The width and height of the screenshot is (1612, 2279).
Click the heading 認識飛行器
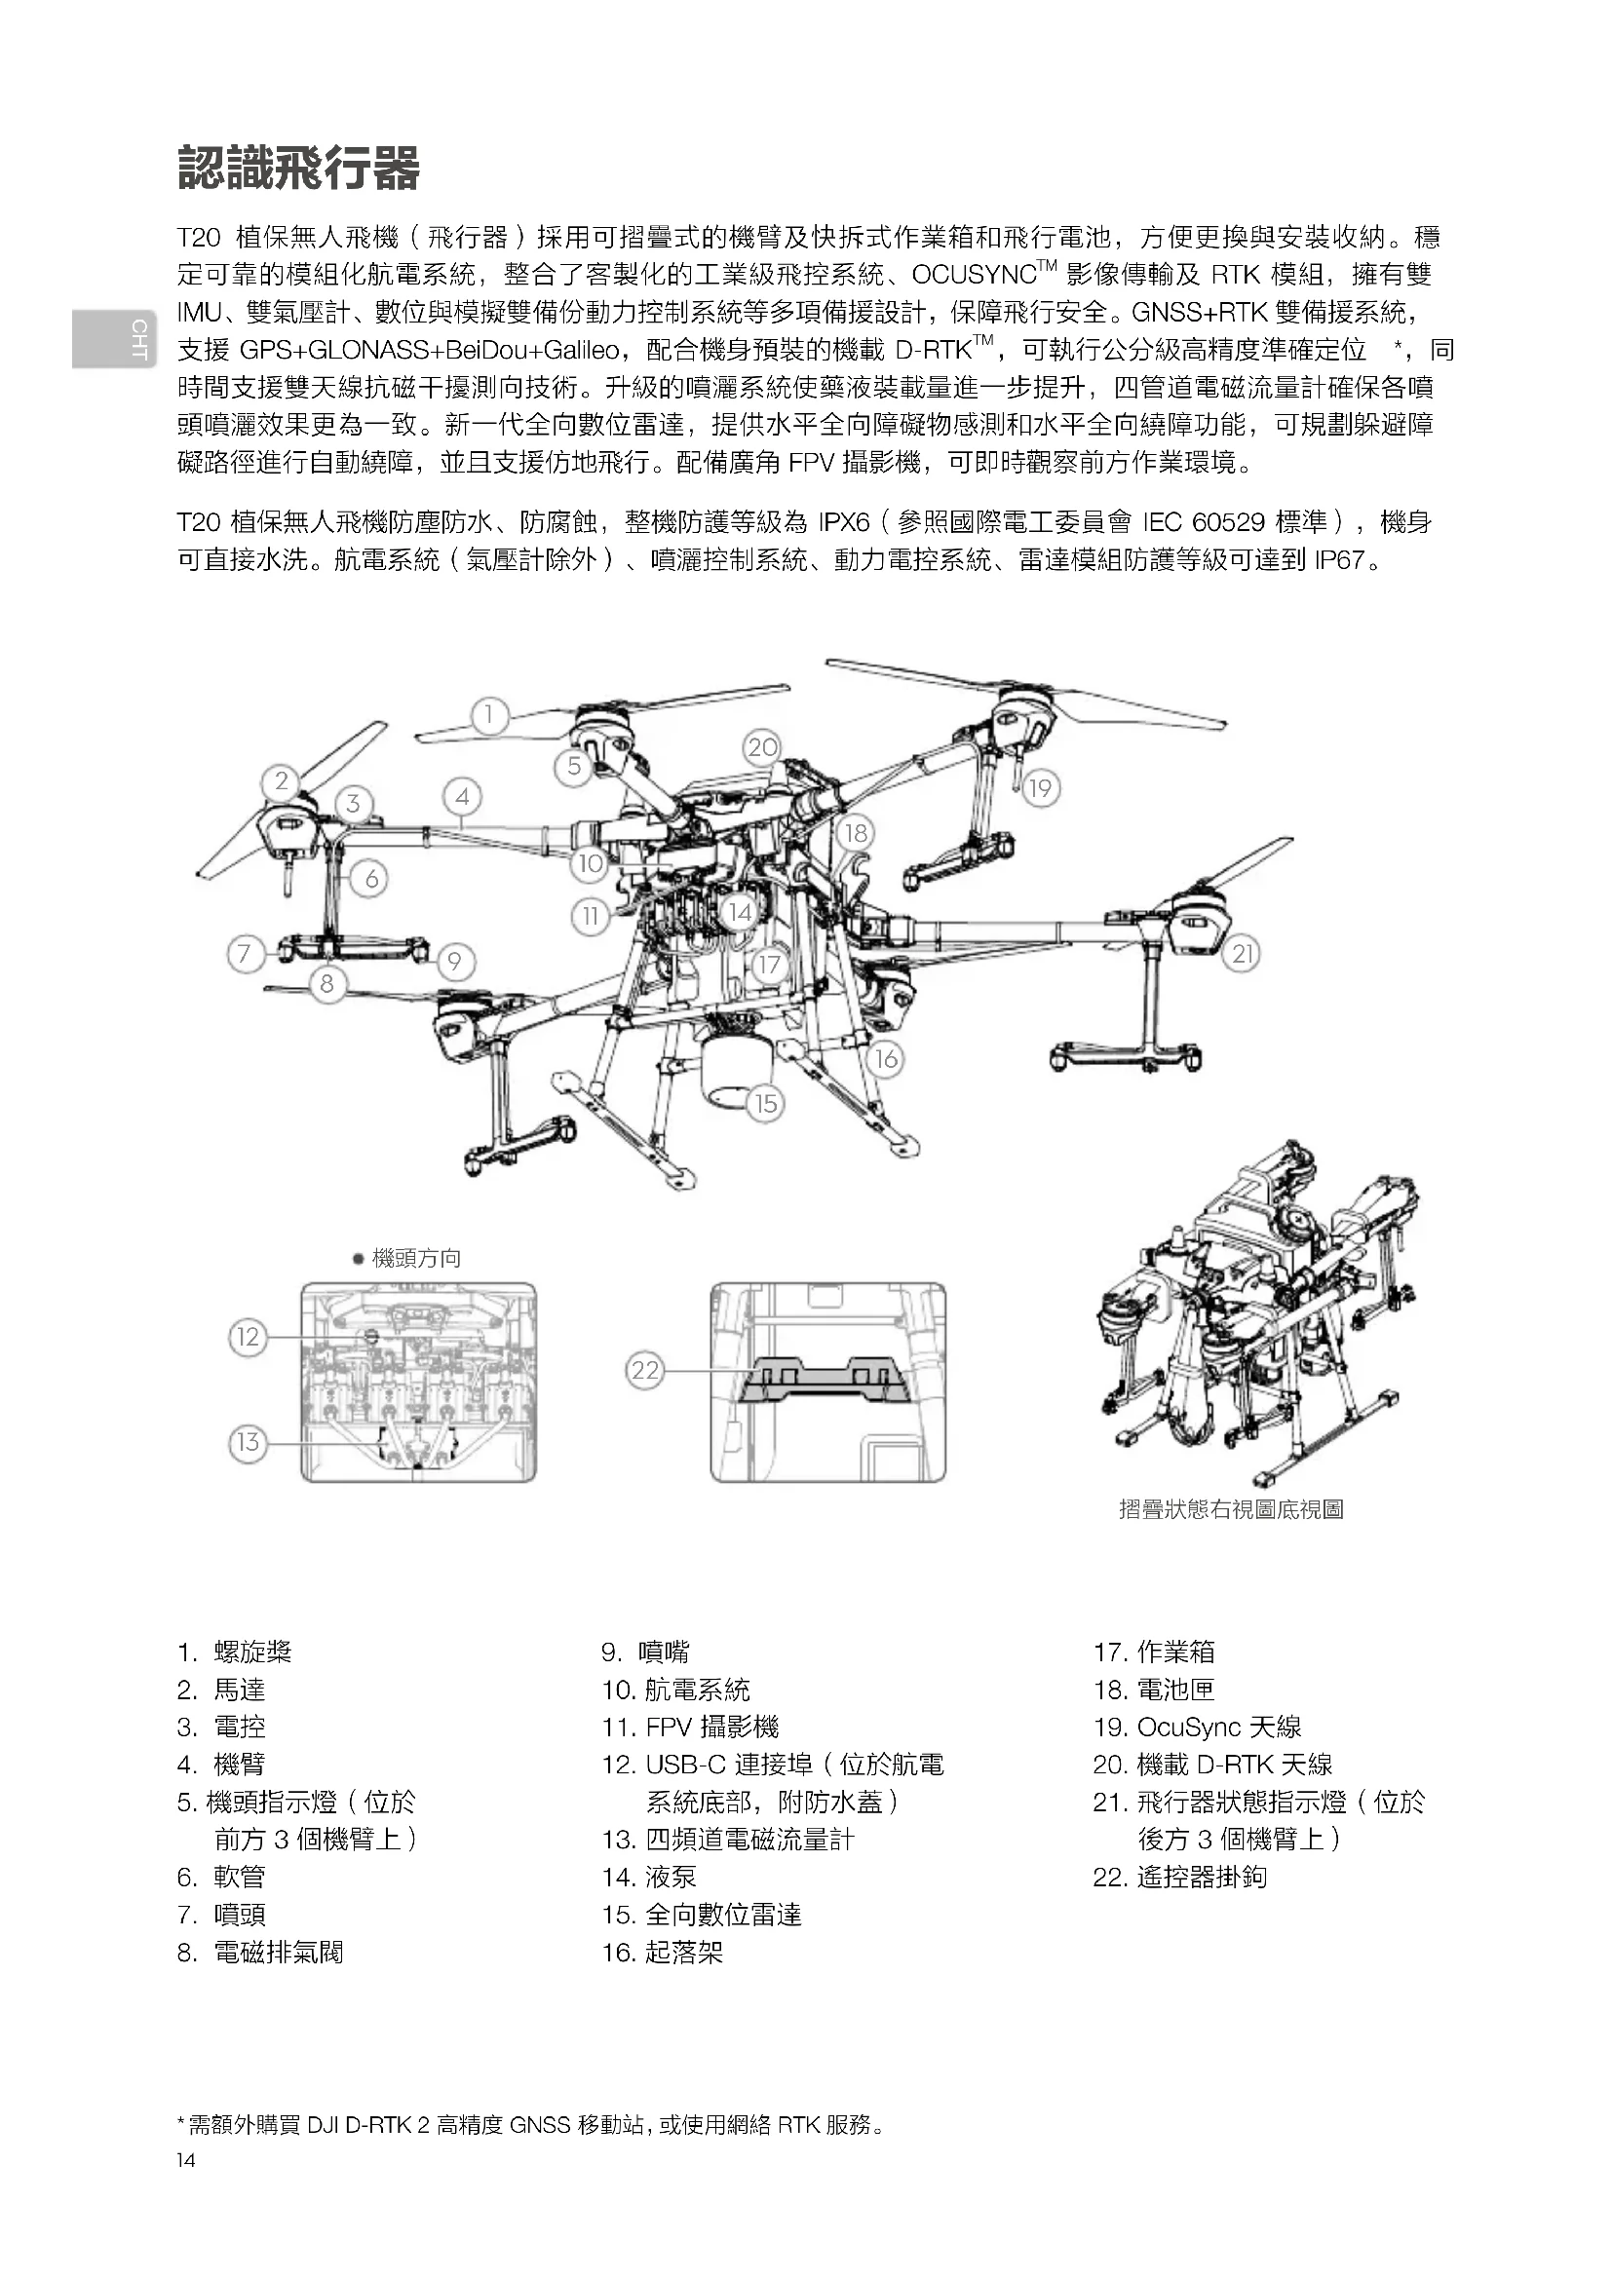coord(299,168)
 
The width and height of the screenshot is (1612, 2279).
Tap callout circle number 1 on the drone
coord(489,714)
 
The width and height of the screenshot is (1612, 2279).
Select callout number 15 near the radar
coord(765,1104)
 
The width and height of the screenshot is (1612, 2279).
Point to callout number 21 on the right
coord(1242,955)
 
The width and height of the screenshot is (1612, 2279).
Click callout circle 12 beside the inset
coord(249,1337)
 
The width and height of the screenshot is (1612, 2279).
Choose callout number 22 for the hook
coord(645,1371)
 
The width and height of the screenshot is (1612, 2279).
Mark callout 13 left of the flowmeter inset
coord(249,1442)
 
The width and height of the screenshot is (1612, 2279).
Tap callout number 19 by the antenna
coord(1039,789)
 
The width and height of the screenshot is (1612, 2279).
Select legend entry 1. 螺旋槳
coord(235,1652)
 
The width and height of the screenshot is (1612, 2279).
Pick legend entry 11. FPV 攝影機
coord(691,1728)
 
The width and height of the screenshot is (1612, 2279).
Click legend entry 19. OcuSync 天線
coord(1197,1728)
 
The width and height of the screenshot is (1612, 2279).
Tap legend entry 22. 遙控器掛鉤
coord(1180,1877)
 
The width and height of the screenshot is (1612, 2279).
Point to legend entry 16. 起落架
coord(663,1953)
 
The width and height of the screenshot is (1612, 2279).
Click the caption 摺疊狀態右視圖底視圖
coord(1231,1509)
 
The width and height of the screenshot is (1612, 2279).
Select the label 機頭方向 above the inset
coord(416,1259)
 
